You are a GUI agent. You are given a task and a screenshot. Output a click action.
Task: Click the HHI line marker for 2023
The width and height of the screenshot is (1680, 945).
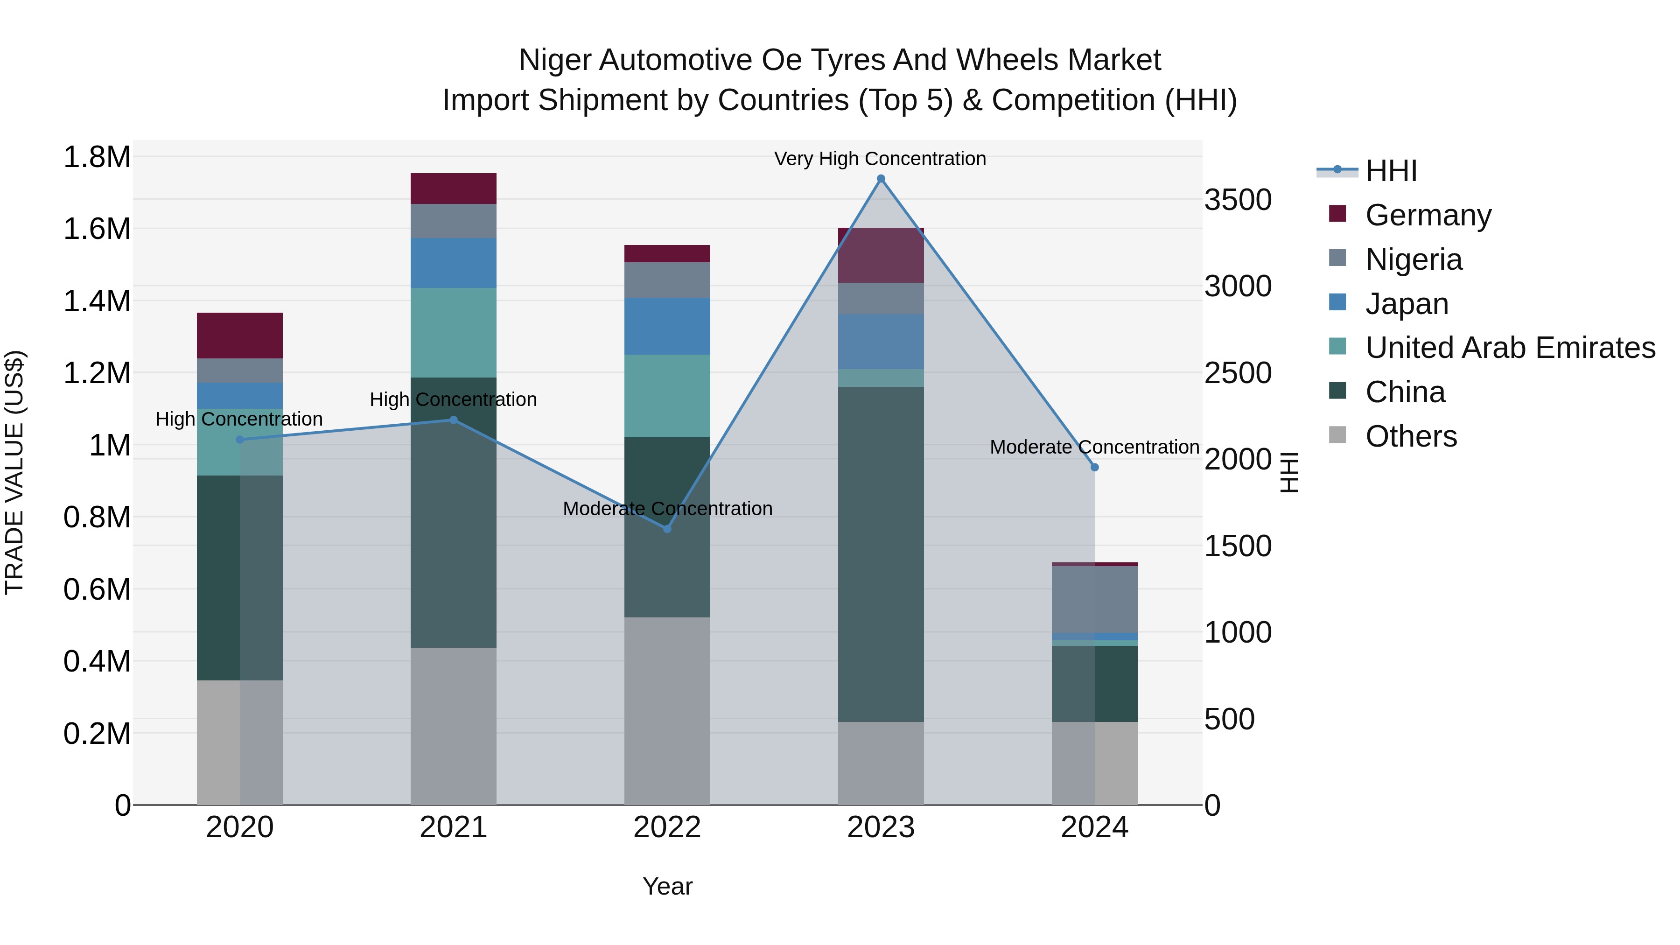[x=881, y=179]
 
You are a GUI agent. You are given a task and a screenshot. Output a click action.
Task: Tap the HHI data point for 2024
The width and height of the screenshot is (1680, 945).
[x=1094, y=467]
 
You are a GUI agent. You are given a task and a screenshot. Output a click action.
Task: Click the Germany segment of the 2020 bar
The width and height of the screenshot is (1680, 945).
[x=239, y=335]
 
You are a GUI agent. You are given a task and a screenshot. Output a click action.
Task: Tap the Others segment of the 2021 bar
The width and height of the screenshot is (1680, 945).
[x=453, y=725]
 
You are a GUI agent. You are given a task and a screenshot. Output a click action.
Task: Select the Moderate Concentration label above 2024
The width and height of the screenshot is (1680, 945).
[x=1094, y=448]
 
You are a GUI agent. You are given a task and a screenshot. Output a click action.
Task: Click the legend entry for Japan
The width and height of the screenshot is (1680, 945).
[x=1407, y=304]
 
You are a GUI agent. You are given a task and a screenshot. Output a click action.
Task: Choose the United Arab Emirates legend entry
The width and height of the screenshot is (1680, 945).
[x=1510, y=348]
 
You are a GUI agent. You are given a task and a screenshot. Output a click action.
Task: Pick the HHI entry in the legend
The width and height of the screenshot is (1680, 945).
[x=1391, y=171]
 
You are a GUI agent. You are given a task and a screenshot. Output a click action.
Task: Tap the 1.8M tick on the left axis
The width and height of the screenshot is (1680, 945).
[x=97, y=157]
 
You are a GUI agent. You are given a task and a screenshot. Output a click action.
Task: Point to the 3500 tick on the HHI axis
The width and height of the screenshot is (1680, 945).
[x=1237, y=200]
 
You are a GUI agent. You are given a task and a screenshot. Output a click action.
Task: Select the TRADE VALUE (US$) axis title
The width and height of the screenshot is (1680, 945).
[x=14, y=472]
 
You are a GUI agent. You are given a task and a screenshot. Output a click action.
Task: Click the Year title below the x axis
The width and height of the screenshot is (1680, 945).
[x=667, y=886]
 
